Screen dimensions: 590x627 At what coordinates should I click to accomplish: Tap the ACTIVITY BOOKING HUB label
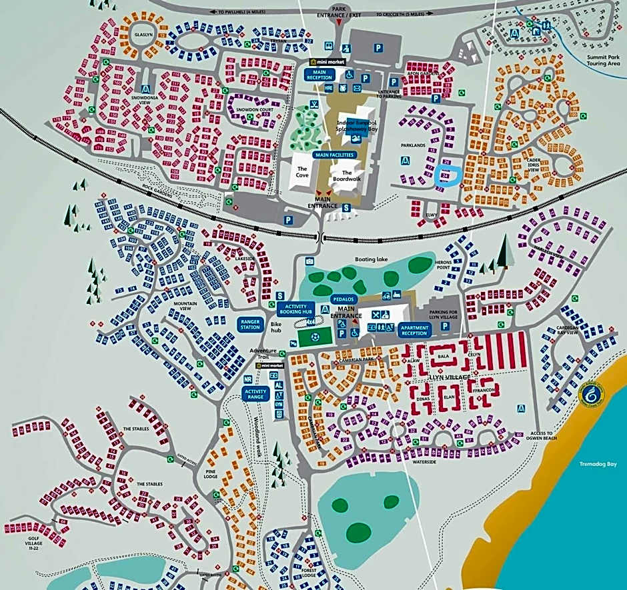(295, 308)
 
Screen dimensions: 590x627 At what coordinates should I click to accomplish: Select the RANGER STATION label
(250, 324)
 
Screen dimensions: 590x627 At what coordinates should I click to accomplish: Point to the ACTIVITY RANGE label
(255, 393)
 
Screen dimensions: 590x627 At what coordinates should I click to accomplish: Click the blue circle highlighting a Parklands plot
(446, 176)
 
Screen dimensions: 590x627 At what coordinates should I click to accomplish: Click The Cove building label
(303, 173)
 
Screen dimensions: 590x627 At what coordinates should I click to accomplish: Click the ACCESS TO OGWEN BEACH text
(541, 436)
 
